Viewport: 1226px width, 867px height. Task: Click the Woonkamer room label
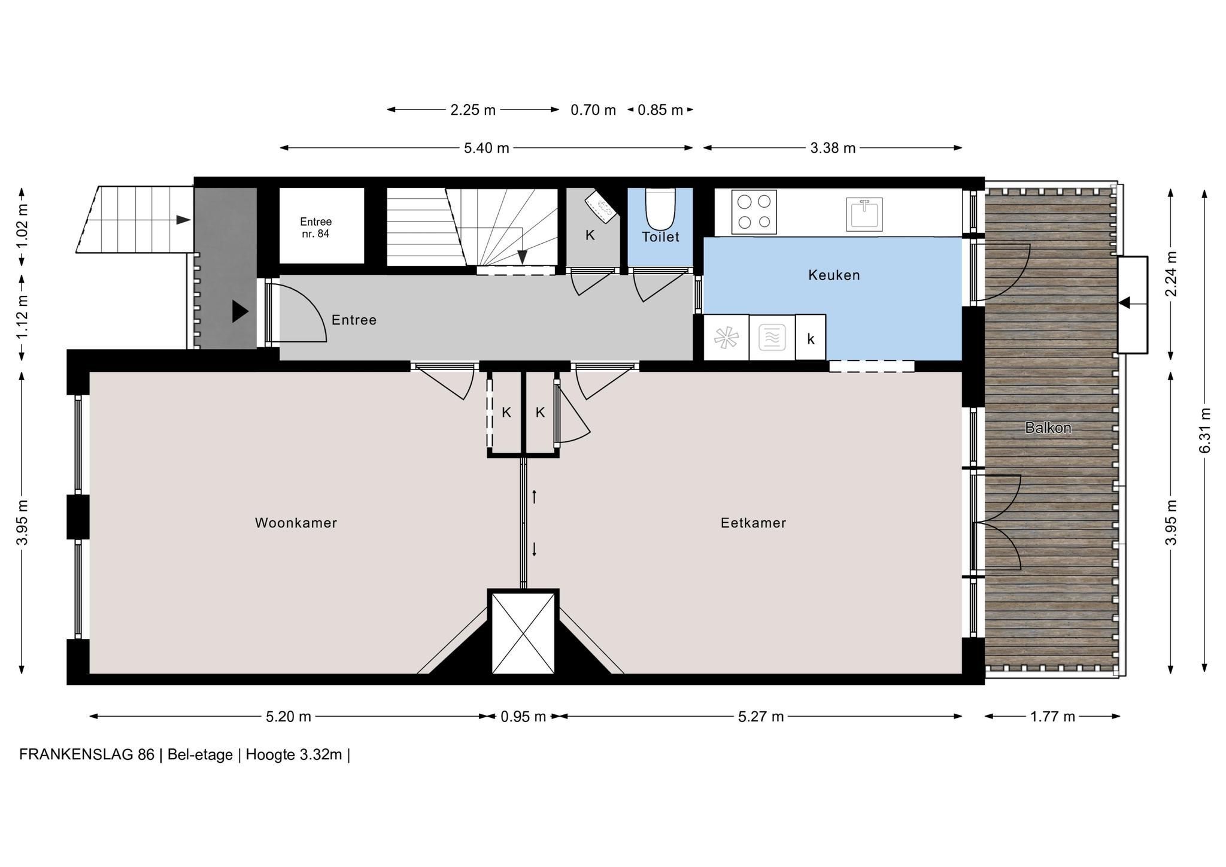tap(296, 523)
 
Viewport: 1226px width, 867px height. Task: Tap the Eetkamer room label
tap(753, 523)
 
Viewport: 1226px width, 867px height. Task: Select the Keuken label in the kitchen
tap(834, 275)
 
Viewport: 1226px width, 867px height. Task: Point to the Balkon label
tap(1048, 428)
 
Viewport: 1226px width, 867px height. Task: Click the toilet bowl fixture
tap(660, 208)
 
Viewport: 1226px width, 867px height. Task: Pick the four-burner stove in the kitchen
tap(754, 212)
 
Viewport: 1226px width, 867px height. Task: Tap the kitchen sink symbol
tap(864, 214)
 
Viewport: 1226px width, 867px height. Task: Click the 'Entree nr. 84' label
tap(315, 228)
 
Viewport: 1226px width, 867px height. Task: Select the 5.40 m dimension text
tap(487, 148)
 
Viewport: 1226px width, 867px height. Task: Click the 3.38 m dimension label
tap(833, 148)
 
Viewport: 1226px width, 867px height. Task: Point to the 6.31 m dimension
tap(1205, 431)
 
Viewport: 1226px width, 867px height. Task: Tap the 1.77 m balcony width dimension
tap(1052, 716)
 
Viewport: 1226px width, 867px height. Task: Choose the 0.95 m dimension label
tap(523, 716)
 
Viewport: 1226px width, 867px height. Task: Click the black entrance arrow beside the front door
tap(240, 311)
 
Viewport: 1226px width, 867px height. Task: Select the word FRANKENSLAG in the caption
tap(76, 754)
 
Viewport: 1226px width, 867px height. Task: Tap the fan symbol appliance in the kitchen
tap(726, 338)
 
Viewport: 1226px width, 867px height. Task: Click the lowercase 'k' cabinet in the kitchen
tap(811, 338)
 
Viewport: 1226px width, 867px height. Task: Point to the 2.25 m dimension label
tap(473, 110)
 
